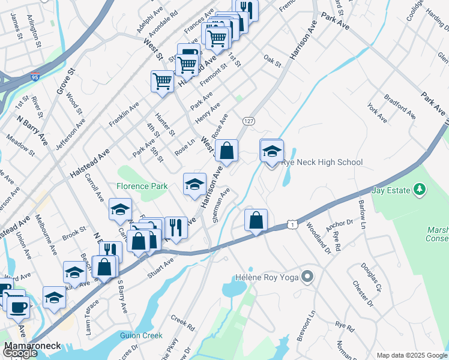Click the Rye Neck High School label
pyautogui.click(x=322, y=162)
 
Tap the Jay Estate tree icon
pyautogui.click(x=420, y=190)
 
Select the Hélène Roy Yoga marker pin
pyautogui.click(x=308, y=277)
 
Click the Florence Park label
pyautogui.click(x=142, y=186)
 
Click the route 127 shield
pyautogui.click(x=246, y=121)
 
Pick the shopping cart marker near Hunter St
pyautogui.click(x=162, y=82)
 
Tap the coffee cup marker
pyautogui.click(x=18, y=307)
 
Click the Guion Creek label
pyautogui.click(x=141, y=336)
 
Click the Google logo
pyautogui.click(x=20, y=353)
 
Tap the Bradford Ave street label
pyautogui.click(x=400, y=106)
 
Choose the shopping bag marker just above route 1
pyautogui.click(x=256, y=220)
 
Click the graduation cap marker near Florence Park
pyautogui.click(x=194, y=184)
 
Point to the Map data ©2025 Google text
pyautogui.click(x=411, y=355)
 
